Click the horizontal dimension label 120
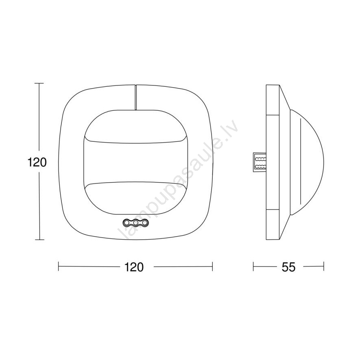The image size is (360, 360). coord(133,267)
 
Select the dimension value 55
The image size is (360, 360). coord(288,267)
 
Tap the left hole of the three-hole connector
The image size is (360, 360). coord(127,223)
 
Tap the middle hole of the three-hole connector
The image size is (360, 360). coord(136,223)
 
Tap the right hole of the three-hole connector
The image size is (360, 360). coord(145,223)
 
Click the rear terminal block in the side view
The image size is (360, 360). coord(260,162)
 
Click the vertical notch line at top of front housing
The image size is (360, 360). coord(135,97)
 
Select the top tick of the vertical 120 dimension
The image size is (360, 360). coord(39,83)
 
